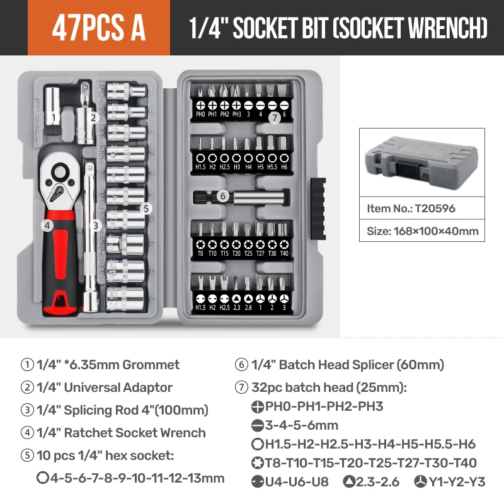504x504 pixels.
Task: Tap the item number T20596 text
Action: (x=411, y=208)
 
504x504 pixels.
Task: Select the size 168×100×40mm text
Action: (x=422, y=231)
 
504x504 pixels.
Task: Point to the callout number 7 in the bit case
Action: (x=273, y=117)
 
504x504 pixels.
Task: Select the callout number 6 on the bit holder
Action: (x=222, y=196)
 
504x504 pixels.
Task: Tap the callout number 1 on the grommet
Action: (x=54, y=117)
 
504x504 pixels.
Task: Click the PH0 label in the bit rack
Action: (x=200, y=115)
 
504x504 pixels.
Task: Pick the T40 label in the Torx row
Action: (x=284, y=253)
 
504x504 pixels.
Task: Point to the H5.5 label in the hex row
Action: (x=272, y=167)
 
